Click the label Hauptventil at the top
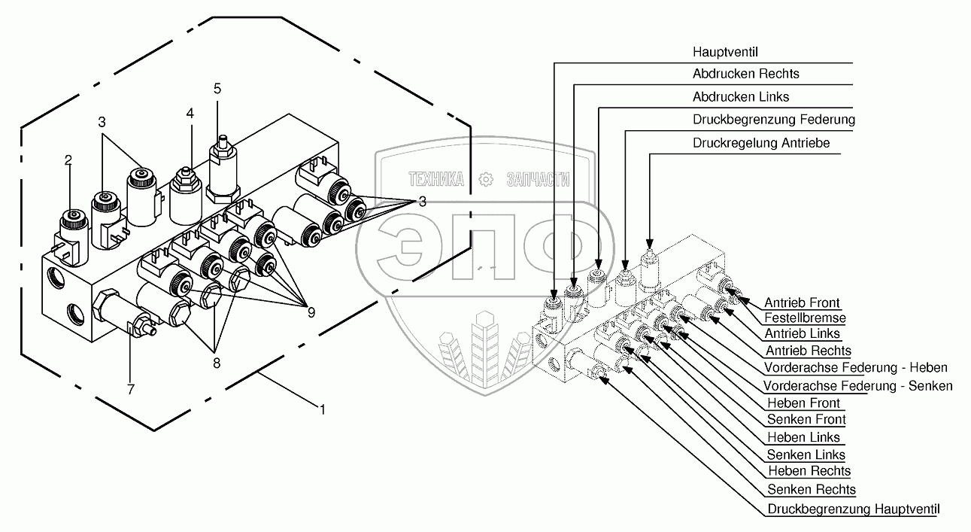[724, 52]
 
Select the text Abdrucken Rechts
[745, 74]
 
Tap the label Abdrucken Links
[740, 96]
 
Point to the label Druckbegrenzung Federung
[773, 120]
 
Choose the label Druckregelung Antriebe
[760, 143]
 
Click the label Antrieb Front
[803, 302]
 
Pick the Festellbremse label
[805, 318]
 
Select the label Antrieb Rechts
[808, 351]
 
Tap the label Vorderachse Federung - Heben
[855, 367]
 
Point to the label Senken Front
[806, 419]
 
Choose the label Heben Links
[803, 437]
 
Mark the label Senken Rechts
[811, 490]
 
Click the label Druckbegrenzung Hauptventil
[854, 509]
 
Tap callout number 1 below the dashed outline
[323, 410]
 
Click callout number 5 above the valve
[217, 88]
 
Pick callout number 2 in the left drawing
[68, 160]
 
